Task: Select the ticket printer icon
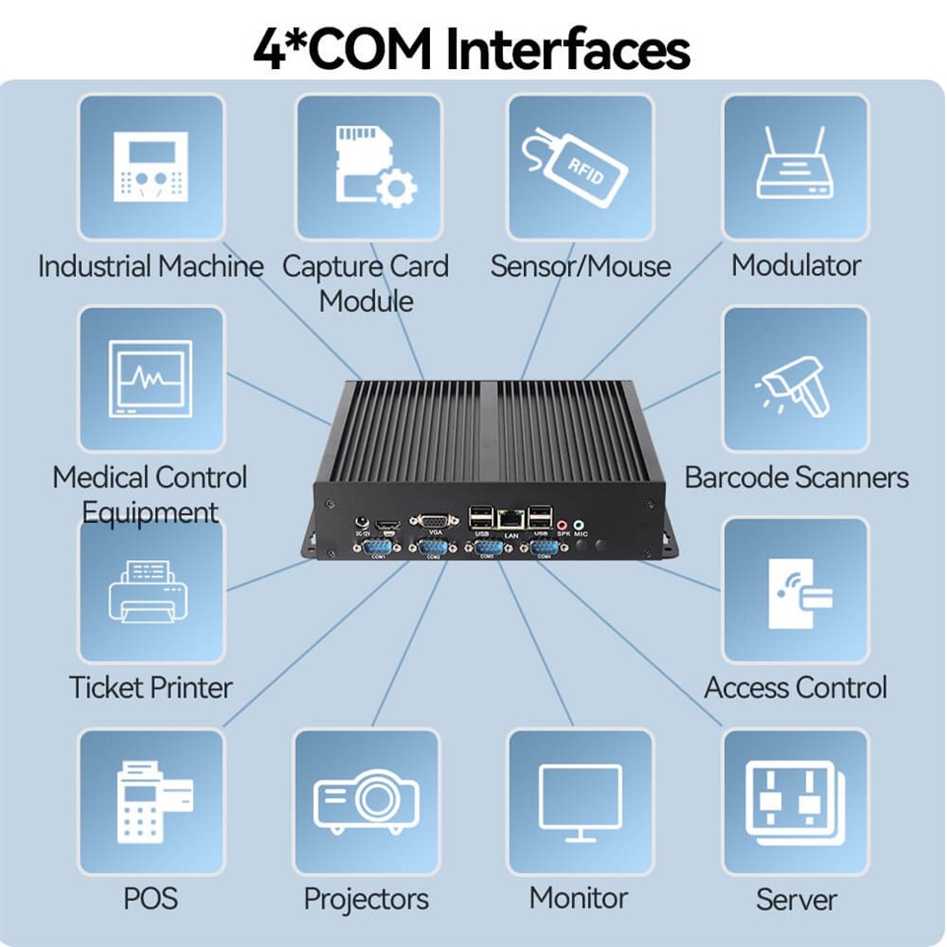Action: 148,589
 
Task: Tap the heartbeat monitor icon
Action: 150,379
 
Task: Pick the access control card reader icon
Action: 798,591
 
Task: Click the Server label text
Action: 796,900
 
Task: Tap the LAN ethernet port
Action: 511,518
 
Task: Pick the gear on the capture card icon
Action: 397,186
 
